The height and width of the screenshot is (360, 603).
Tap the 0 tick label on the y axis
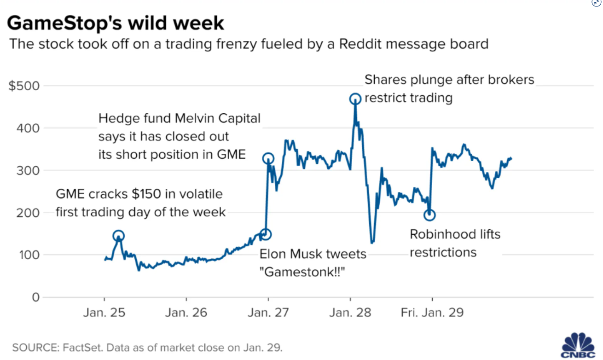pos(36,297)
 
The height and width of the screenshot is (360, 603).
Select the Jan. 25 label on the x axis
pos(104,313)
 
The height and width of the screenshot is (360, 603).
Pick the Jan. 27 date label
pos(268,313)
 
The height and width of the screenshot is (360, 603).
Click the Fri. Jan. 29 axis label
pos(432,313)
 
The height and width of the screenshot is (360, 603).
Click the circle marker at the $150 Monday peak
pos(118,236)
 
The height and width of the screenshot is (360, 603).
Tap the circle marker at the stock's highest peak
pos(355,99)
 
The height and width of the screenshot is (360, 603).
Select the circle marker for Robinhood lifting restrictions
pos(429,215)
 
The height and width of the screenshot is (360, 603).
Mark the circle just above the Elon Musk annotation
pos(266,234)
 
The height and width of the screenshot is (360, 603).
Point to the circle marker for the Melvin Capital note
pos(268,159)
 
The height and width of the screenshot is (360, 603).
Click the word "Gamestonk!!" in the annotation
pos(302,272)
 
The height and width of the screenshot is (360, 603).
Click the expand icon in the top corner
pos(597,3)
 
